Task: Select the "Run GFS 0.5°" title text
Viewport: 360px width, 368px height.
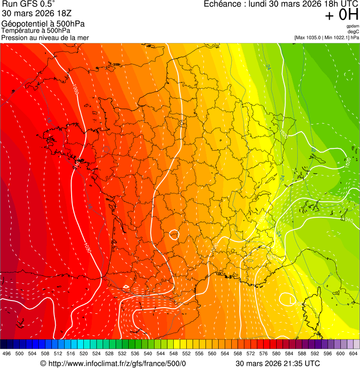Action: pyautogui.click(x=29, y=5)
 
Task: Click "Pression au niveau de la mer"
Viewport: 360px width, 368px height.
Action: pyautogui.click(x=45, y=37)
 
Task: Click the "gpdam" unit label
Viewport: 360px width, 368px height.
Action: pyautogui.click(x=353, y=26)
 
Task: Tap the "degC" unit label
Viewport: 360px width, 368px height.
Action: pyautogui.click(x=354, y=32)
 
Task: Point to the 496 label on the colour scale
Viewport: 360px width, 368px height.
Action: pyautogui.click(x=7, y=354)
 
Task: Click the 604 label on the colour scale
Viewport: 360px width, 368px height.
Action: pyautogui.click(x=353, y=354)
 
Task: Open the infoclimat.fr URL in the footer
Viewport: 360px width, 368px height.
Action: pyautogui.click(x=117, y=363)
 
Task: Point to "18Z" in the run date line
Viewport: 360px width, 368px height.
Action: pyautogui.click(x=63, y=14)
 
